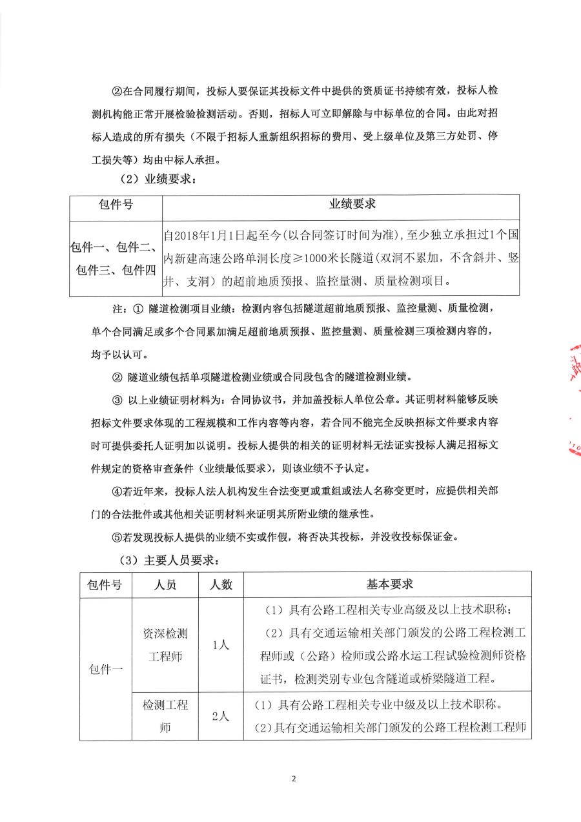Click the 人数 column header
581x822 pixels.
221,585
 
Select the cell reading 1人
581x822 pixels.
221,644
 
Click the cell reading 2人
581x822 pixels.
221,715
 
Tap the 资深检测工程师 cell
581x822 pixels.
165,644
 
